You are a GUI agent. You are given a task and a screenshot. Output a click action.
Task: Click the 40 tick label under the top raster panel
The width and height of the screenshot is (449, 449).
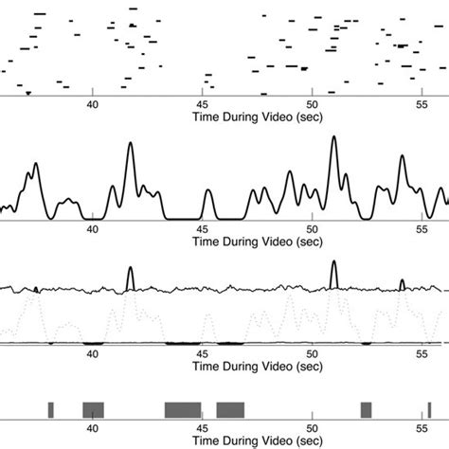click(x=93, y=105)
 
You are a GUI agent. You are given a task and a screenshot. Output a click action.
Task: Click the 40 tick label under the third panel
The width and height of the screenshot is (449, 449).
click(x=93, y=353)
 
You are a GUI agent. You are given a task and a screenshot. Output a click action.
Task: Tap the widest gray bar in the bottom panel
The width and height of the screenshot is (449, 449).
click(x=183, y=409)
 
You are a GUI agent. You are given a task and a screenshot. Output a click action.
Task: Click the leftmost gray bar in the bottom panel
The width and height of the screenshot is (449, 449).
click(x=51, y=409)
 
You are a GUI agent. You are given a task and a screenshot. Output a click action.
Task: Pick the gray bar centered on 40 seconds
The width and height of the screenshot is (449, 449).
click(x=93, y=409)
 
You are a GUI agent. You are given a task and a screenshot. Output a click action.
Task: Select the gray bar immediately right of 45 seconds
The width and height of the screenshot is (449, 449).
click(x=230, y=409)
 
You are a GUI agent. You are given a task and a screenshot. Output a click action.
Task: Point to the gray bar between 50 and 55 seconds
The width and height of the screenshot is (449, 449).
click(x=366, y=409)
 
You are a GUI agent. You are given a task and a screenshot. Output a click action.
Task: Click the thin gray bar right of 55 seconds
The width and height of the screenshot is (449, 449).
click(x=429, y=409)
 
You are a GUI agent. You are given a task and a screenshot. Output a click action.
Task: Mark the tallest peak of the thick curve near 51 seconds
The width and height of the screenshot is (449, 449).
click(x=333, y=139)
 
